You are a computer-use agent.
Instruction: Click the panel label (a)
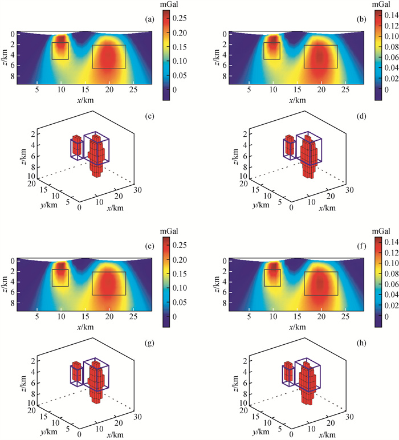point(150,19)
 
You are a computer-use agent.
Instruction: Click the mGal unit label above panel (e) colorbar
point(170,231)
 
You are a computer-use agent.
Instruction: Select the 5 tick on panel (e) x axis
point(36,315)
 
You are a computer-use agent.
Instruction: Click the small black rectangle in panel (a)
point(60,51)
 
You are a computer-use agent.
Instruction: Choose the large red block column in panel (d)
point(309,157)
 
